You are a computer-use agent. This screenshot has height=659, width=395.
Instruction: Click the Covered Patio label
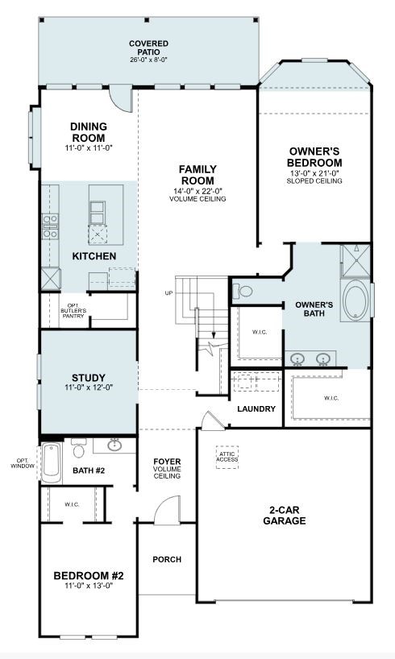(x=148, y=48)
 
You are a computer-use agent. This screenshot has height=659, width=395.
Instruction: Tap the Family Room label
(x=197, y=175)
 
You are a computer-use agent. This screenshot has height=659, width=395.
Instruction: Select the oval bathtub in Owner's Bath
(x=355, y=300)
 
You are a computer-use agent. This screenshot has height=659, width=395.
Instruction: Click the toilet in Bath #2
(x=79, y=449)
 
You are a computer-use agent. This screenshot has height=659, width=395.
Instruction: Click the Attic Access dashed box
(x=227, y=458)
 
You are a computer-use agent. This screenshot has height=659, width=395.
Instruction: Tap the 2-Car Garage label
(x=285, y=516)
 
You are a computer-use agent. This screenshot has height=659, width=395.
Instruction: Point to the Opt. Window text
(x=23, y=463)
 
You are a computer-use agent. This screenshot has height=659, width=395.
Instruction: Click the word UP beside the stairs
(x=169, y=293)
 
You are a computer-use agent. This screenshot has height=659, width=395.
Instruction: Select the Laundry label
(x=256, y=409)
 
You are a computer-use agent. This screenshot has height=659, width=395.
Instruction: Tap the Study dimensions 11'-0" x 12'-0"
(x=89, y=388)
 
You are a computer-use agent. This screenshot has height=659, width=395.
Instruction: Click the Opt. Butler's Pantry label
(x=73, y=311)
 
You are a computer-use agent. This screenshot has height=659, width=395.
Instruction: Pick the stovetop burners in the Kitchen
(x=50, y=227)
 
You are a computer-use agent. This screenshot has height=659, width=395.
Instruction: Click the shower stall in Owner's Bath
(x=355, y=261)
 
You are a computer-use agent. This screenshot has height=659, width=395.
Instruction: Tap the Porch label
(x=167, y=560)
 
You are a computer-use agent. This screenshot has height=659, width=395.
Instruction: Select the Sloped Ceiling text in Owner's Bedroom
(x=314, y=181)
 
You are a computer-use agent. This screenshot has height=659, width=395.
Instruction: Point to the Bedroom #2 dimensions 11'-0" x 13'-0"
(x=89, y=586)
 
